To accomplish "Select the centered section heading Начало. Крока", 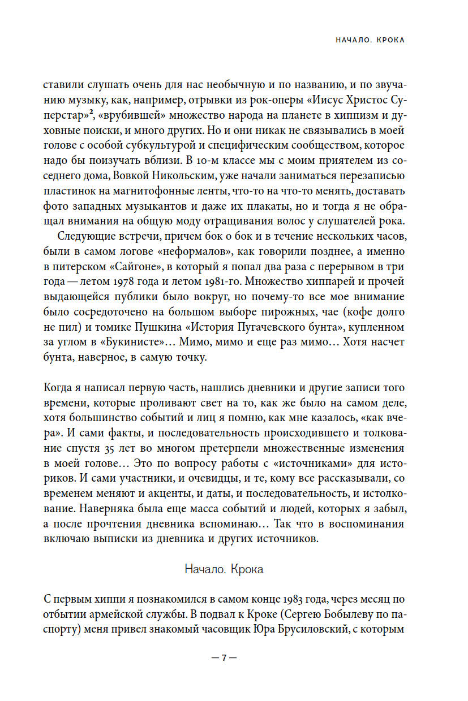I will pyautogui.click(x=224, y=569).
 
